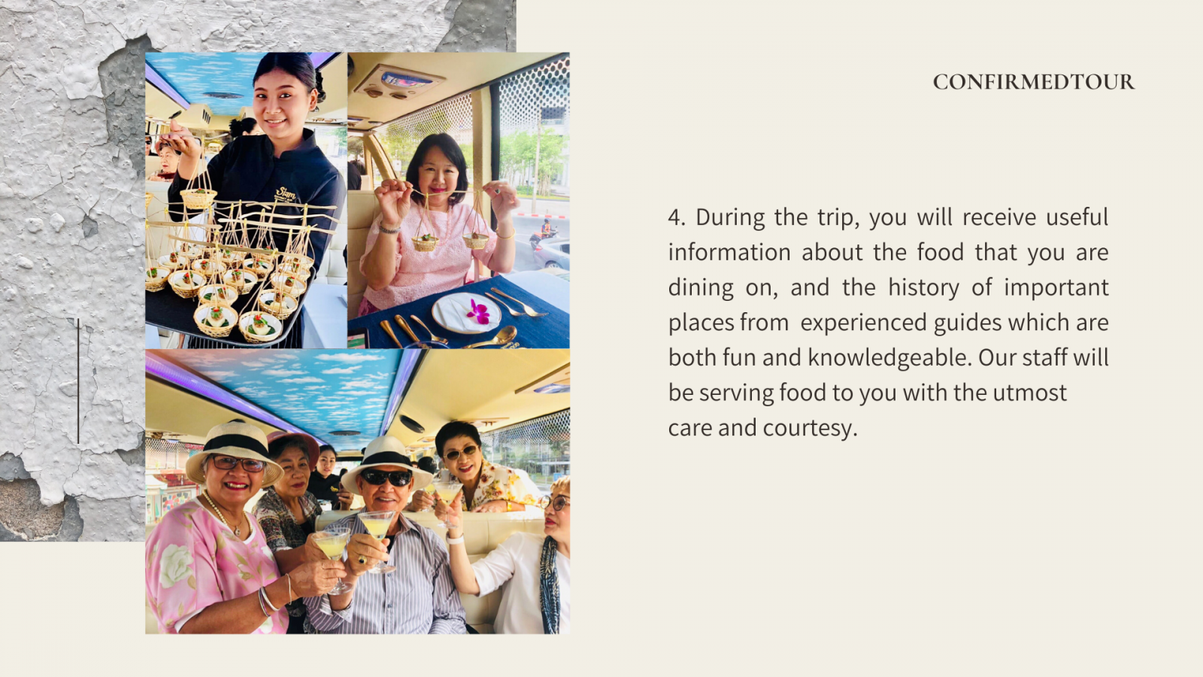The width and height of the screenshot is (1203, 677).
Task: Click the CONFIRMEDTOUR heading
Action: click(1033, 82)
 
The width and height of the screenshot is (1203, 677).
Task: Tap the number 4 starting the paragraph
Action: click(676, 217)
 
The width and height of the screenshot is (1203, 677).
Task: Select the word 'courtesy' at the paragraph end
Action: click(810, 429)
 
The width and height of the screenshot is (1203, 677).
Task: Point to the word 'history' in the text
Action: click(924, 288)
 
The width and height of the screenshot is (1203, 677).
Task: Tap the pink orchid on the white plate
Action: click(477, 311)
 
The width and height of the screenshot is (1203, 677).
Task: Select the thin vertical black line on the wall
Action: click(78, 381)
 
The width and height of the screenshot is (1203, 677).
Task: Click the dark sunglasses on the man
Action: click(386, 478)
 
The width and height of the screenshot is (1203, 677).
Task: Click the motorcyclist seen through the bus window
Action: click(546, 230)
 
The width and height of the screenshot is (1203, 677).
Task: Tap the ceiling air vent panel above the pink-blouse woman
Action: click(399, 82)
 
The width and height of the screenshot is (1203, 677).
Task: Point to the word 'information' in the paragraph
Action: click(729, 253)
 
